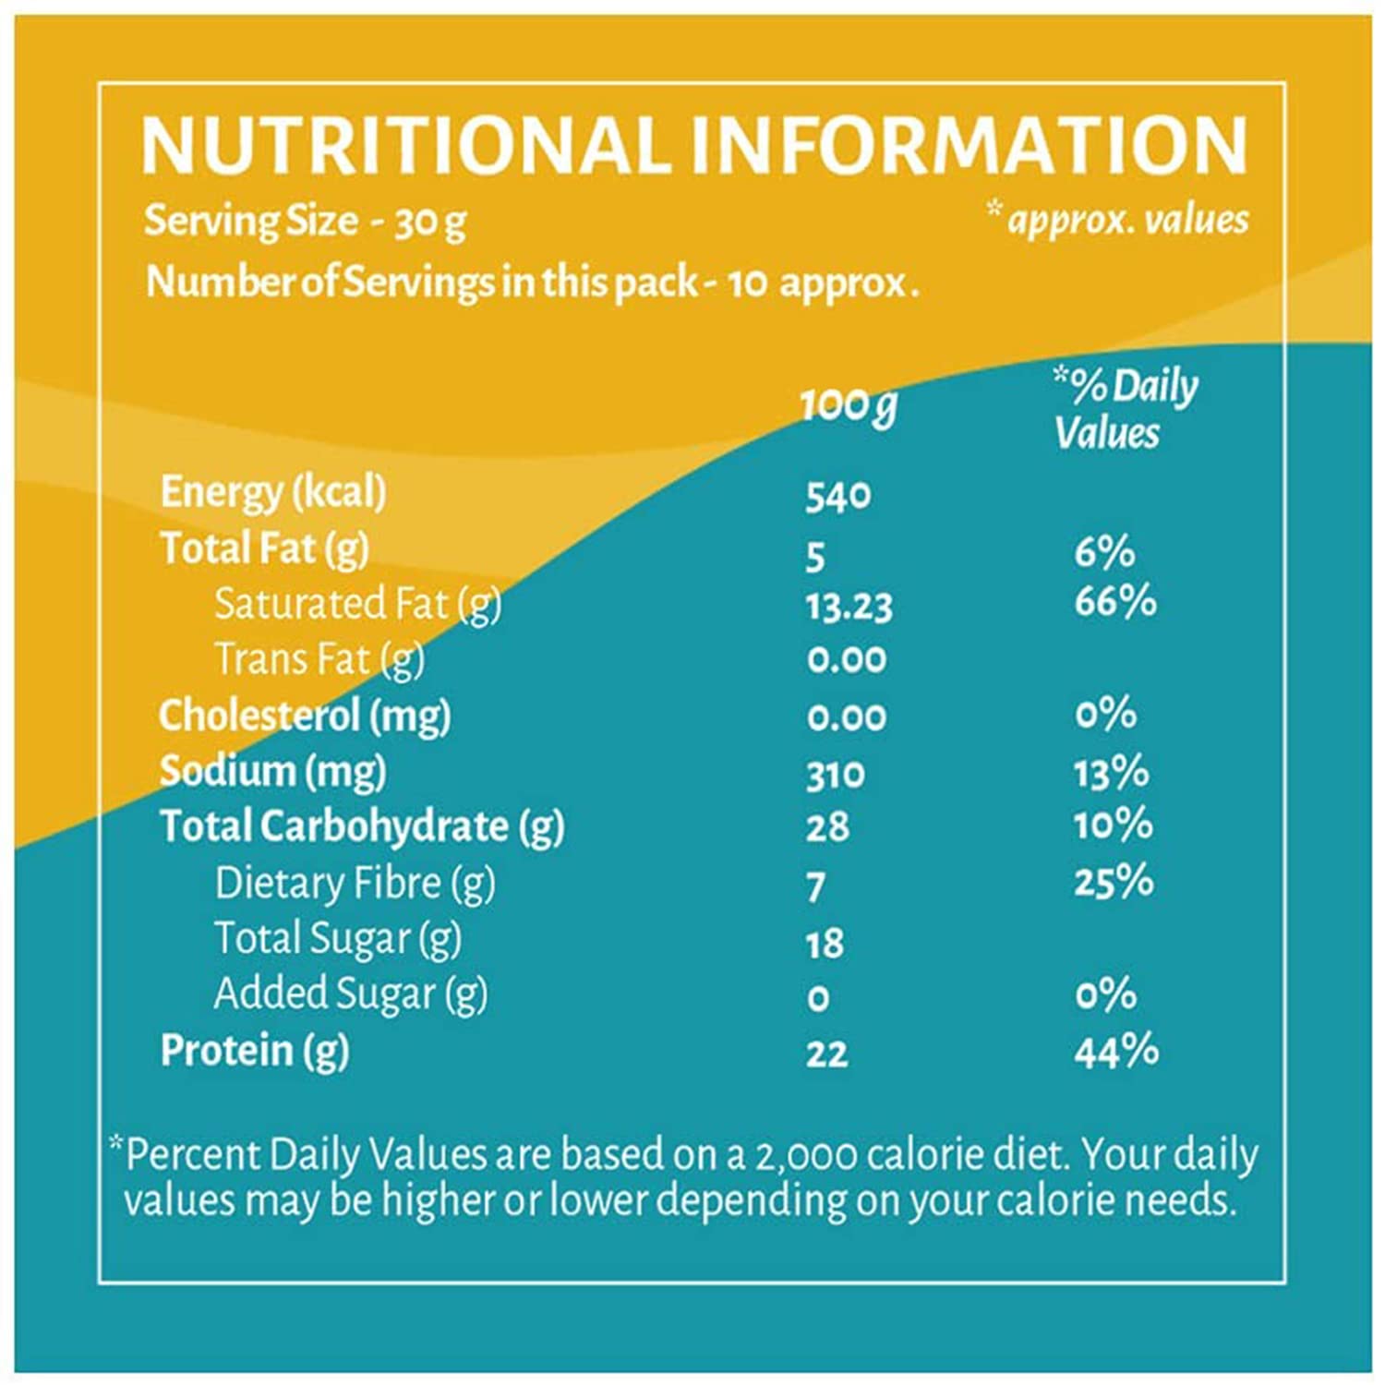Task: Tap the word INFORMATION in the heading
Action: [x=969, y=146]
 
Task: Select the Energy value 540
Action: [x=837, y=497]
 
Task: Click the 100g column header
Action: [x=848, y=405]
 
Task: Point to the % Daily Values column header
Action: [x=1125, y=408]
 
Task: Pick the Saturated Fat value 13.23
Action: [x=849, y=608]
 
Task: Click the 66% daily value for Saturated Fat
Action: [x=1114, y=601]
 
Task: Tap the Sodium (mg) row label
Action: [x=272, y=772]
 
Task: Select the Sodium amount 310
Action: [x=835, y=776]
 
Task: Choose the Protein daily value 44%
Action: [x=1115, y=1052]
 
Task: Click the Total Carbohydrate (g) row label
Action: [x=361, y=827]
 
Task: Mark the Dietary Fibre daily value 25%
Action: [x=1113, y=882]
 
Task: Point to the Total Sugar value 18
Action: [x=825, y=944]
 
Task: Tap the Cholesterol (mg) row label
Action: [x=305, y=717]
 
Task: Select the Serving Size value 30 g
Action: [x=430, y=223]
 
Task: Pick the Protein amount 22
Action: [x=826, y=1054]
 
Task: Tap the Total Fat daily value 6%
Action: [x=1104, y=553]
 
